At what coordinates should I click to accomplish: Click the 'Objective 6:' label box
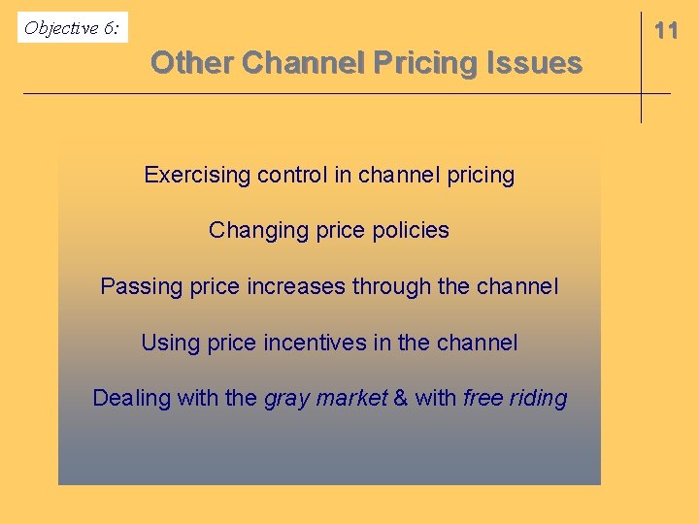pos(73,28)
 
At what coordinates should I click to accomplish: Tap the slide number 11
pos(666,31)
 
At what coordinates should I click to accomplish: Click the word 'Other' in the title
pos(191,63)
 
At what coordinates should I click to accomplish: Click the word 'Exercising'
pos(197,176)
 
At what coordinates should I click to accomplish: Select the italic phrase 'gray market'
pos(325,398)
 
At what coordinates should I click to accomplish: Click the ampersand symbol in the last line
pos(400,398)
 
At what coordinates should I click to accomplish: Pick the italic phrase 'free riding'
pos(515,398)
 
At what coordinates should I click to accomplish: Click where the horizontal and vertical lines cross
pos(641,93)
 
